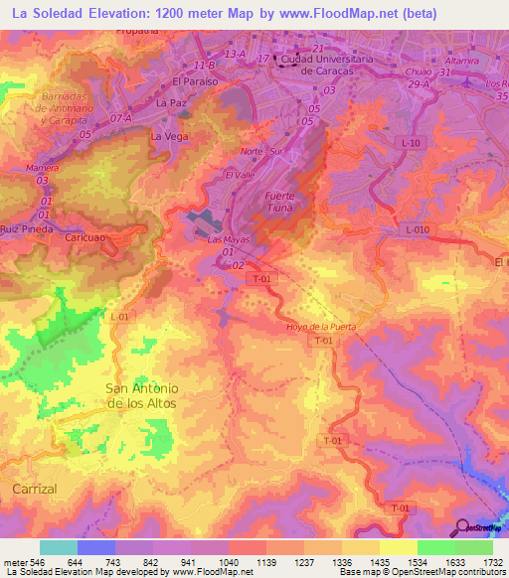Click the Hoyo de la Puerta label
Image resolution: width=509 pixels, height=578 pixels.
[320, 327]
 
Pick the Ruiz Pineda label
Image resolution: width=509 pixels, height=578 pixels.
[26, 229]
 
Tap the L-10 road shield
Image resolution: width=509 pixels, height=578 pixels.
[412, 144]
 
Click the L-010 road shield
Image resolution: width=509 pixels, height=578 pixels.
[420, 229]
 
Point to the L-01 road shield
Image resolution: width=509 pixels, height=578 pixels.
[120, 316]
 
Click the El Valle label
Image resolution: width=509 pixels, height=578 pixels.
[241, 176]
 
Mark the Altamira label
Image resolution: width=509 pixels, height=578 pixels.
[463, 60]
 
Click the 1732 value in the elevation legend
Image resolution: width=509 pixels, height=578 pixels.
[492, 562]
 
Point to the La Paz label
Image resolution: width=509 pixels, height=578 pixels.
[172, 102]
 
